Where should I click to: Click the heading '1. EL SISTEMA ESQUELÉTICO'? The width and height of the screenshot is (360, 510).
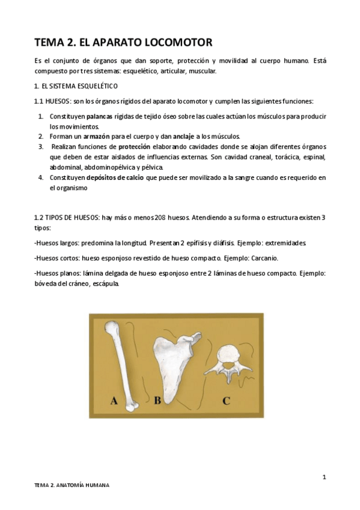76,86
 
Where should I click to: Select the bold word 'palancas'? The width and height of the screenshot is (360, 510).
99,115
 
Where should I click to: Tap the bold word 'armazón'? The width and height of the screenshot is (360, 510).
96,137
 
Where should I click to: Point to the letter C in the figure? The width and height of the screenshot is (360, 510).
226,400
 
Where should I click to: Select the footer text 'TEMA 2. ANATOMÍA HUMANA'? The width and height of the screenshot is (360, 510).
72,485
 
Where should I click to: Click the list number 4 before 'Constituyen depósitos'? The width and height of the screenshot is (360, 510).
40,177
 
